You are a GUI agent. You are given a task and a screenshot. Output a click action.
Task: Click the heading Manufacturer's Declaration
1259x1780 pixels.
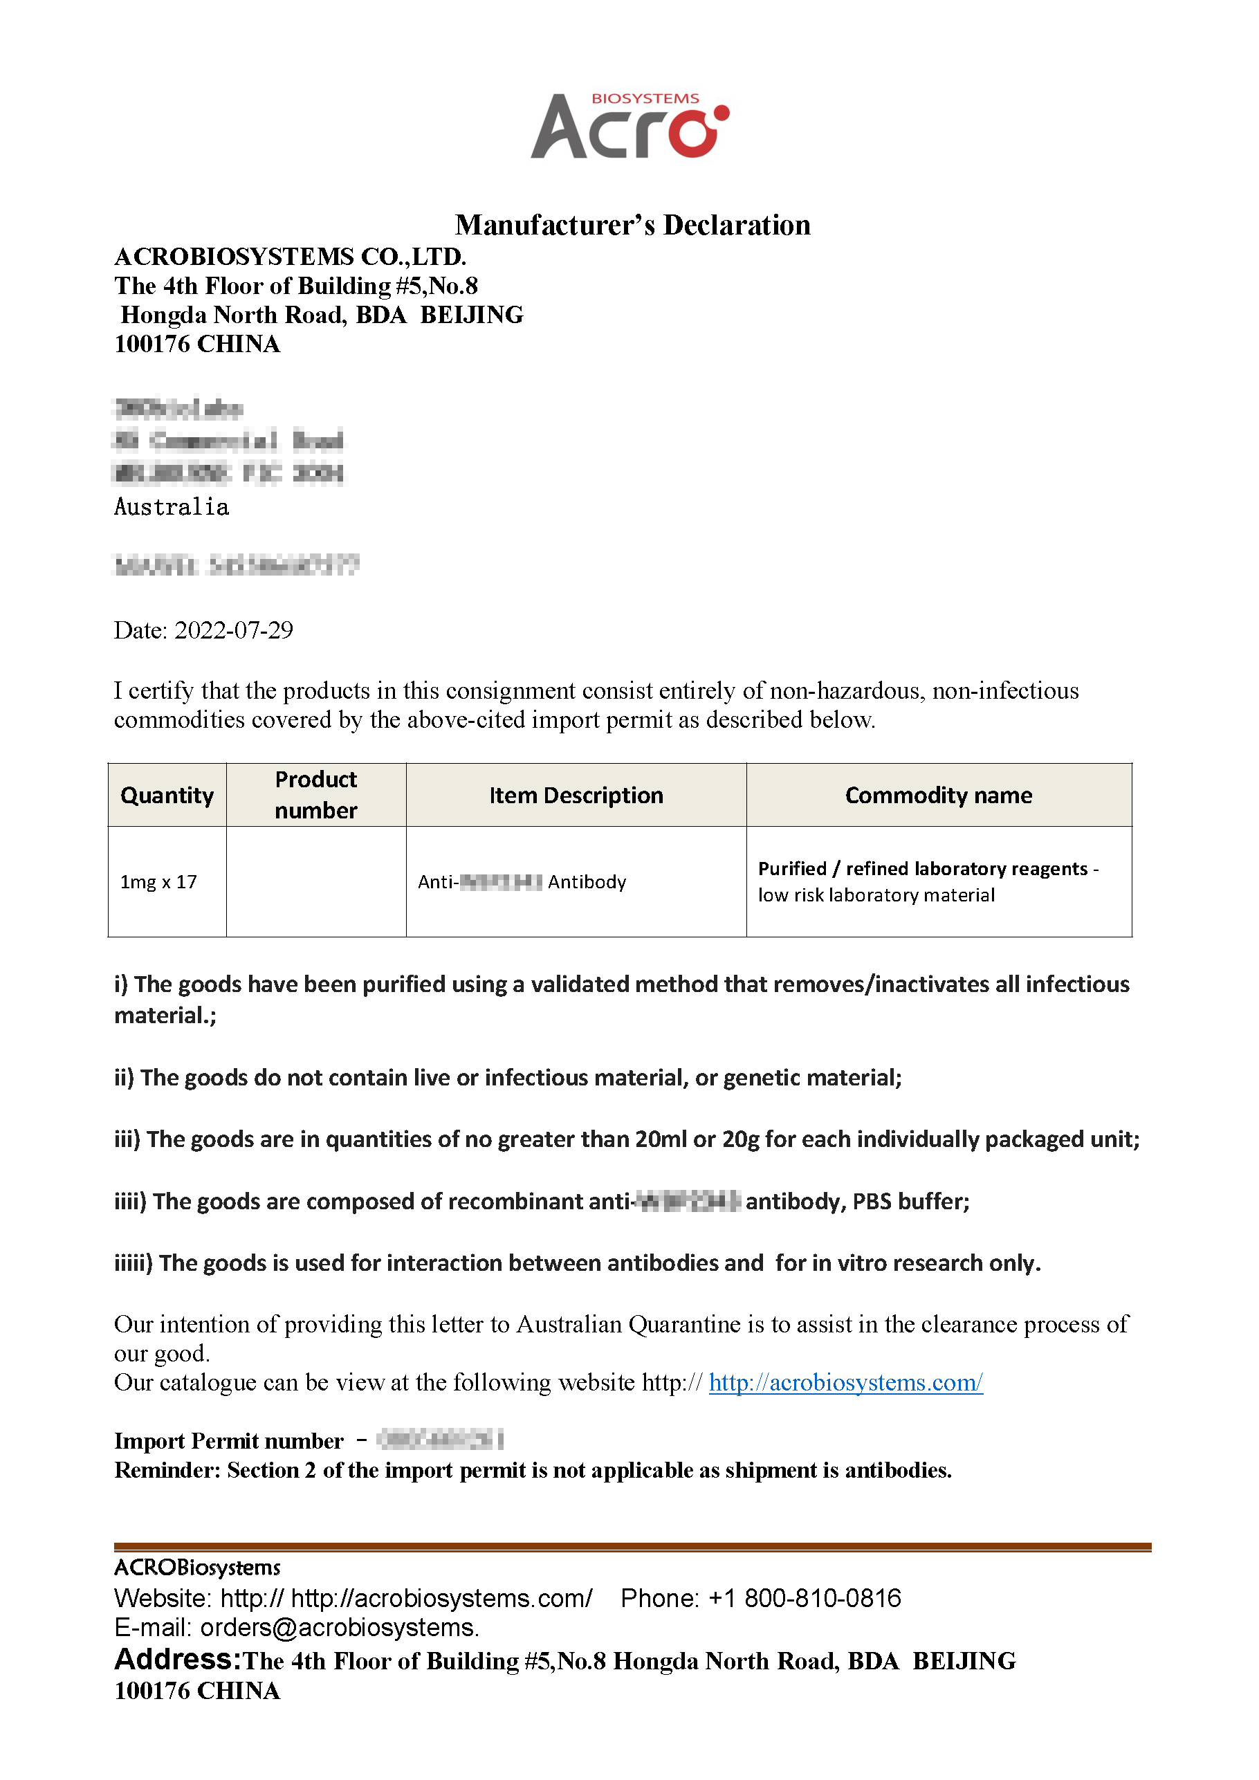632,225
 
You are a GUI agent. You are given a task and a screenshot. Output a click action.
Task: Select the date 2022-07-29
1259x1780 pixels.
233,630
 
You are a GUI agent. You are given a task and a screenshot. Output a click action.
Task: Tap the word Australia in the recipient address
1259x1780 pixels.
172,507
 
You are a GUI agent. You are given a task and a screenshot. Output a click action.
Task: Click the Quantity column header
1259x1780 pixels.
167,796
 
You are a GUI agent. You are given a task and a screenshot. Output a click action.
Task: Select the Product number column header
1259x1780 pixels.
315,795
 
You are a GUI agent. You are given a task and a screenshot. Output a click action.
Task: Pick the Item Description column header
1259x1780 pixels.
576,796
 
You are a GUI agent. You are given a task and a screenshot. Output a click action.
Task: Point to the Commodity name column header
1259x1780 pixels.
938,796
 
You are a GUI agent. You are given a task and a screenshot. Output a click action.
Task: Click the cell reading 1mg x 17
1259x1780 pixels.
158,881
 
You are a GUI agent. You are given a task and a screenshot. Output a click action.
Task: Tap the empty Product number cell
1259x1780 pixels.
315,881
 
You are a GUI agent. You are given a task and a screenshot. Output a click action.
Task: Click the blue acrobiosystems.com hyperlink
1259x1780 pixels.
845,1382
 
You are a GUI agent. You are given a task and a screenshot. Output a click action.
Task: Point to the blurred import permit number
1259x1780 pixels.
439,1440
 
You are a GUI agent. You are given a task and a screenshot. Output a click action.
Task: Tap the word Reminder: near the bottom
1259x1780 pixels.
167,1470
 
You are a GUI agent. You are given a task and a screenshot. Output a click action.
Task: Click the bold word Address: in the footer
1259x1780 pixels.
178,1659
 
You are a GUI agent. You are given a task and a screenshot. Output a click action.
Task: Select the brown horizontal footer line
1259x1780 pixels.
632,1547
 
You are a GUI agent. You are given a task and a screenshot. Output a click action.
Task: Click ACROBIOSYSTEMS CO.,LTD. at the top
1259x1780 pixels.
290,257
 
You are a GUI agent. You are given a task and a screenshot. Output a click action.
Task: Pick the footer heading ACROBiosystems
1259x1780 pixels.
197,1568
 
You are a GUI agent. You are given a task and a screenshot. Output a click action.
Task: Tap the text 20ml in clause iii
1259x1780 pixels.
661,1139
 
